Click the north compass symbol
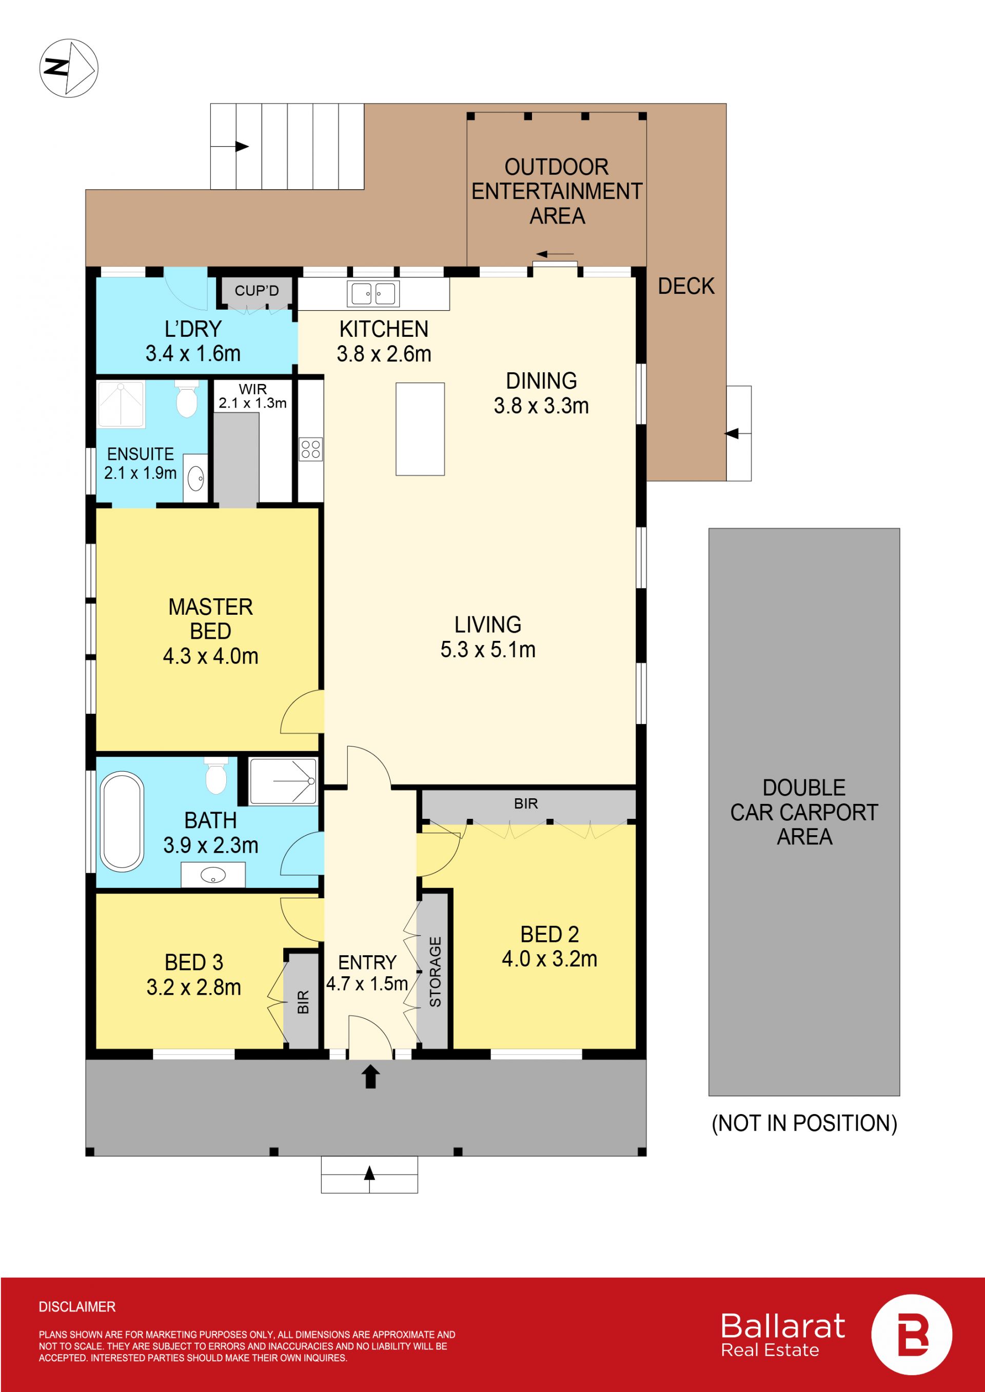[x=69, y=68]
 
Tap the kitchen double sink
[x=373, y=293]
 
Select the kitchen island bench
[x=420, y=429]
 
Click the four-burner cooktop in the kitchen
[x=310, y=449]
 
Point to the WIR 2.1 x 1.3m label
[x=253, y=396]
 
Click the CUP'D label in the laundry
[x=257, y=290]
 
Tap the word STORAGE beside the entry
[x=435, y=972]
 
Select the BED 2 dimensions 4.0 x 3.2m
[x=549, y=959]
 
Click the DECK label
[x=686, y=286]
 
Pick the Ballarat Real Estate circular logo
[x=912, y=1335]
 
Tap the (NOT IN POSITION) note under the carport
[x=804, y=1123]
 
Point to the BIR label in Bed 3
[x=303, y=1001]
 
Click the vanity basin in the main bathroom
[x=213, y=875]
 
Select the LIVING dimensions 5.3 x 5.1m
[x=488, y=649]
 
